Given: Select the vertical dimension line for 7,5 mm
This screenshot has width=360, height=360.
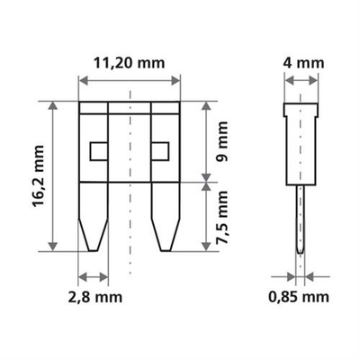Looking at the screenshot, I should pos(208,217).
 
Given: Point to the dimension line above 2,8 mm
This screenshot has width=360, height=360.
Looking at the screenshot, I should pos(94,275).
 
